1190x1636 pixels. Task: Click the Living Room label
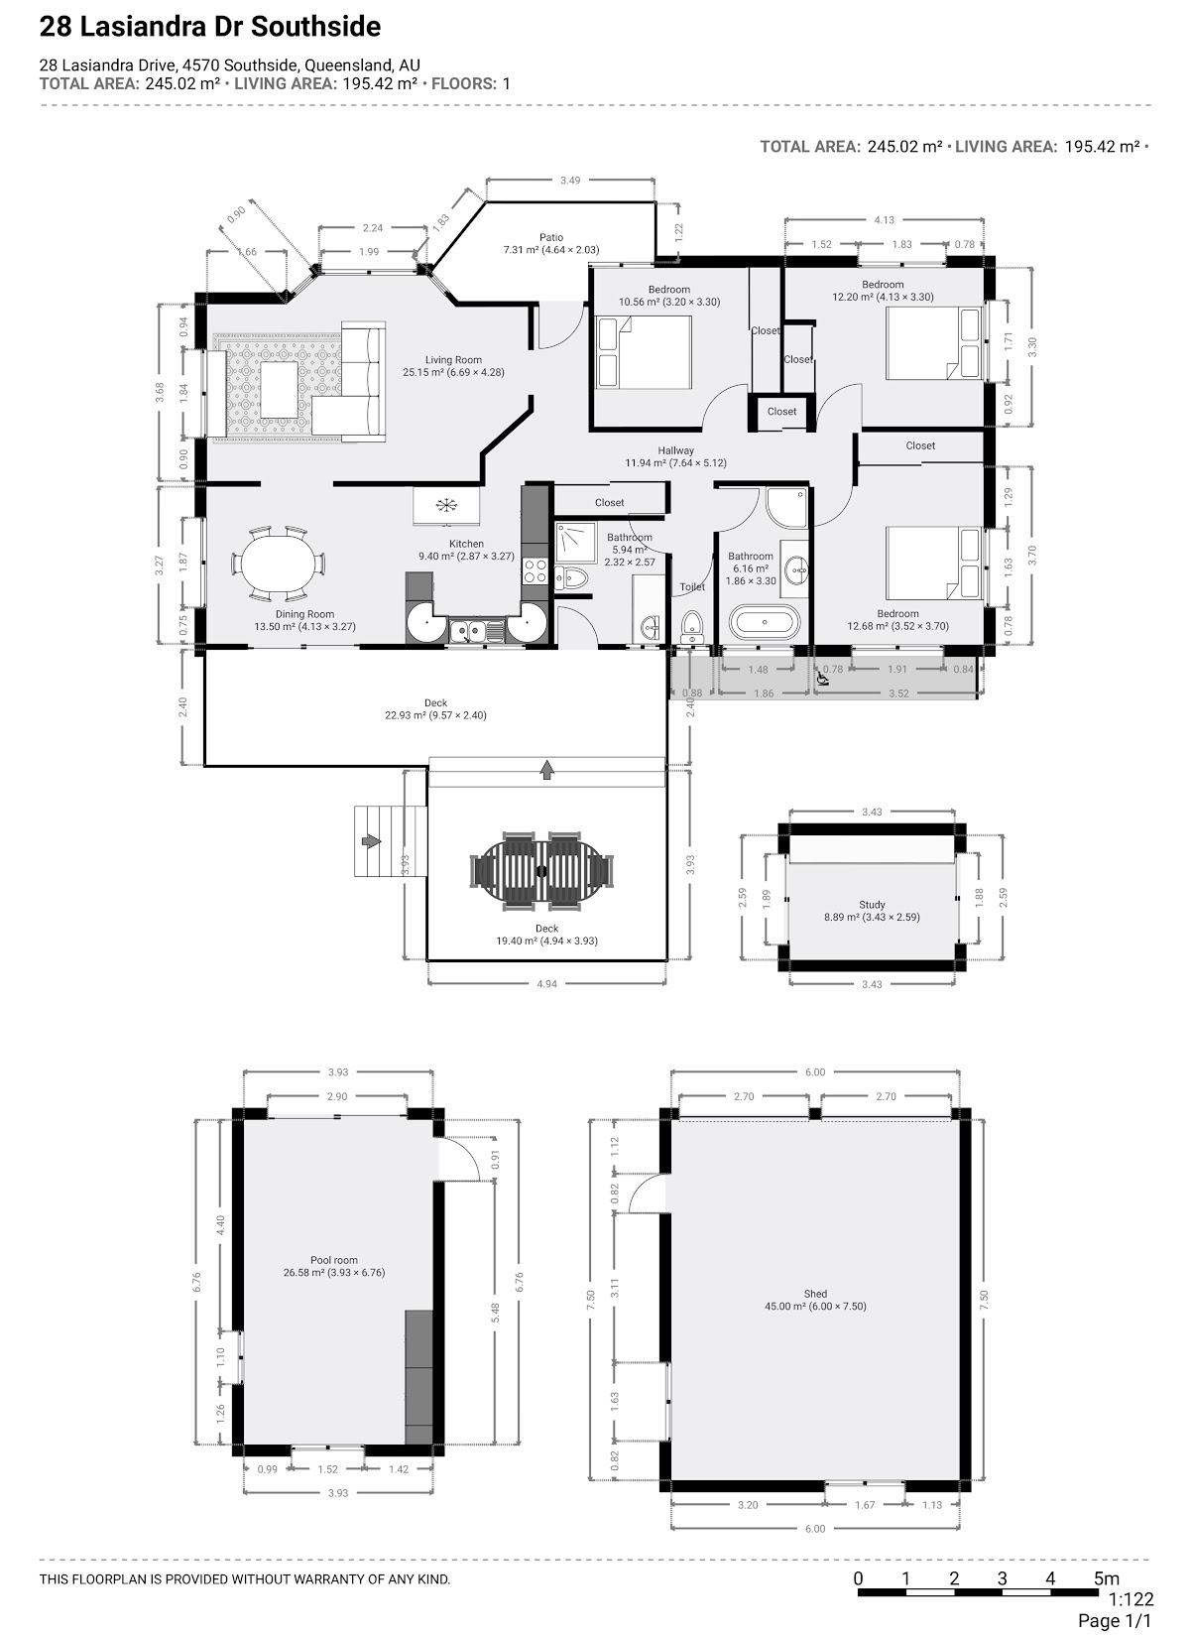(453, 359)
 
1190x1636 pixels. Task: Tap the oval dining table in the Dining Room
(278, 564)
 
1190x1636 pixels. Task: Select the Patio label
(551, 237)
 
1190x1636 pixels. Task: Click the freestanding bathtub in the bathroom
(765, 622)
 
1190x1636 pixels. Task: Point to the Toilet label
(692, 586)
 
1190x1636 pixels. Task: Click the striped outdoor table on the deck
(541, 871)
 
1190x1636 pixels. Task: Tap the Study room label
(872, 904)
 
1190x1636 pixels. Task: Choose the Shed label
(815, 1294)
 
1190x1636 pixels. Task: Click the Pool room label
(333, 1260)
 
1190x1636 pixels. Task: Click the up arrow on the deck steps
(546, 770)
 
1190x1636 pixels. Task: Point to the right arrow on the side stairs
(372, 841)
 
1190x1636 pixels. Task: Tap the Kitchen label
(466, 544)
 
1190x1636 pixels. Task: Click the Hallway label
(675, 450)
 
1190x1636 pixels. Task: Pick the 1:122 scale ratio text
(1130, 1599)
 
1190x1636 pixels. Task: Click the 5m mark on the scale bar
(1106, 1578)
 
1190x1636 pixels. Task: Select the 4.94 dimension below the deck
(546, 984)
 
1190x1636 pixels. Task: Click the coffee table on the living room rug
(279, 389)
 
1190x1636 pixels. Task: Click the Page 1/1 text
(1114, 1621)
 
